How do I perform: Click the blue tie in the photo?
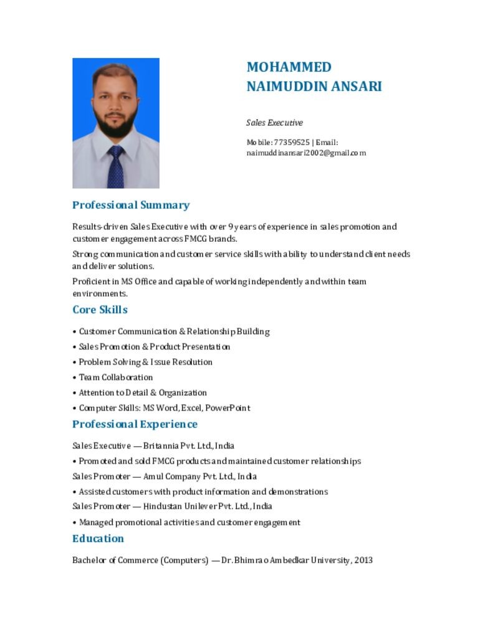click(115, 166)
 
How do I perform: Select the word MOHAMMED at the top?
click(289, 67)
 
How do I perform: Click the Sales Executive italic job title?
click(274, 123)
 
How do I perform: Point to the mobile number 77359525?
click(292, 142)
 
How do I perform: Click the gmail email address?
click(306, 153)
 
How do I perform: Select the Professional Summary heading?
click(131, 205)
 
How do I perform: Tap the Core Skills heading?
click(100, 310)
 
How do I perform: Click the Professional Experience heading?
click(135, 424)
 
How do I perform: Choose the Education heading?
click(98, 538)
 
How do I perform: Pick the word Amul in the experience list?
click(153, 477)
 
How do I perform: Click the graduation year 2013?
click(364, 560)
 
